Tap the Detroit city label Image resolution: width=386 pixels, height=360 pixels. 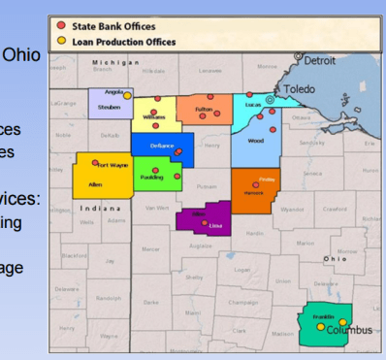coord(319,60)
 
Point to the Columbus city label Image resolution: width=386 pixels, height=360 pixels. coord(348,330)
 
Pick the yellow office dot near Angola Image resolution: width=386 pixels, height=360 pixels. coord(126,96)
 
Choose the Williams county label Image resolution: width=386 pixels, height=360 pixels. coord(153,116)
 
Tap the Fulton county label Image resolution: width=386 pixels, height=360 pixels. coord(204,110)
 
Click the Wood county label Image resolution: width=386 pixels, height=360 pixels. coord(256,141)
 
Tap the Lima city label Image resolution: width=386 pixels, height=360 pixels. coord(215,224)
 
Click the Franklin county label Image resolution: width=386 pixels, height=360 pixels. coord(323,317)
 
